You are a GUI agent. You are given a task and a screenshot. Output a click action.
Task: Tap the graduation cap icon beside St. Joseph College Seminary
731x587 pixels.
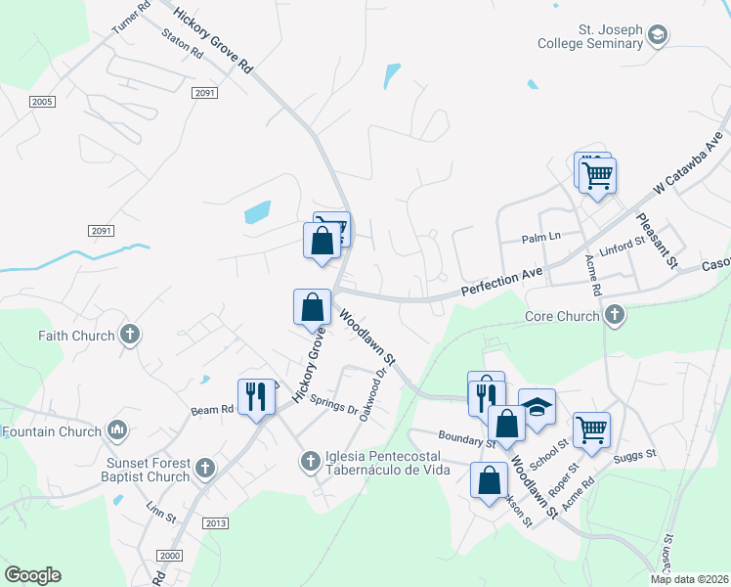[659, 36]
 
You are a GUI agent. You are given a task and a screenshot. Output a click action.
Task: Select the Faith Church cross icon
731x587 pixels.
[129, 336]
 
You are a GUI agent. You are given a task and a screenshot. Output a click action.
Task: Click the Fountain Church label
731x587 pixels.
[51, 431]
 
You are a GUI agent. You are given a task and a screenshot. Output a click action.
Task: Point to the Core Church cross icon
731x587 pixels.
[614, 315]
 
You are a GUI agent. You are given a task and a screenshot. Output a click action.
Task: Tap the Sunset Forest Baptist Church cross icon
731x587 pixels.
[204, 468]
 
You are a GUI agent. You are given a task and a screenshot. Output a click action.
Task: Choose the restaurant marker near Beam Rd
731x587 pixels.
[256, 397]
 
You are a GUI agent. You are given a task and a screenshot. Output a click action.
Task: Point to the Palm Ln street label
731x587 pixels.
[540, 237]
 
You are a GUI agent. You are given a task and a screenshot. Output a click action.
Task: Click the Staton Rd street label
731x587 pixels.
[183, 45]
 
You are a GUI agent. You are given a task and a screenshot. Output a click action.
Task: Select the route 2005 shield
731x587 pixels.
[42, 102]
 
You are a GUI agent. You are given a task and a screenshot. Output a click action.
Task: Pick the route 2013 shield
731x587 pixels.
[216, 523]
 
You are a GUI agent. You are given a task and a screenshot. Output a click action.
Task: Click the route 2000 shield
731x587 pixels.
[169, 555]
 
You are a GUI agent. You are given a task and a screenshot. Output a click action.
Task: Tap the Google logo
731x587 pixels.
[32, 575]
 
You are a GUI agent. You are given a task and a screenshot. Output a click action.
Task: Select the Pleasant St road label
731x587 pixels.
[657, 242]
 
